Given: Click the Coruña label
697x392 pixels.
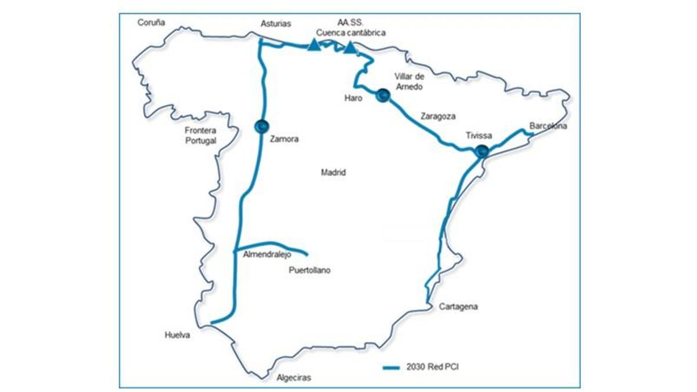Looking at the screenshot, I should coord(152,23).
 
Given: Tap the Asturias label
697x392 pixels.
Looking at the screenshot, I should coord(276,24).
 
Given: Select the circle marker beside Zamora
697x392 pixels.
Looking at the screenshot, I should coord(261,125).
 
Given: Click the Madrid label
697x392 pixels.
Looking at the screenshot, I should coord(333,172).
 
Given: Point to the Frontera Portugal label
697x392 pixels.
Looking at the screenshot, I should coord(200,135).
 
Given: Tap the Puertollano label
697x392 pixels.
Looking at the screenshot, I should coord(310,270).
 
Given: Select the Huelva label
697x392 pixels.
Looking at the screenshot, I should coord(177,335).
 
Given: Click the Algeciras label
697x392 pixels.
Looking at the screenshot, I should coord(293,377).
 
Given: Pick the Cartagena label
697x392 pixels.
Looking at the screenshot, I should coord(458,307).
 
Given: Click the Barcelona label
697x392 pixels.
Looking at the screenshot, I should coord(548,126).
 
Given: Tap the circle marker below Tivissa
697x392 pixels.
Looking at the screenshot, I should coord(481,151).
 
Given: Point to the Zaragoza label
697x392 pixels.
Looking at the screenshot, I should coord(437,116).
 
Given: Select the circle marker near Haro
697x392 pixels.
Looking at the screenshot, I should coord(382,96).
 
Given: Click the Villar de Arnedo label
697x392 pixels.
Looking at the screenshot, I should coord(408,81).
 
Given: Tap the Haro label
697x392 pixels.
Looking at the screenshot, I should coord(353,98).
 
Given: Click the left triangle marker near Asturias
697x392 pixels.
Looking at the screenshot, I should coord(314,45).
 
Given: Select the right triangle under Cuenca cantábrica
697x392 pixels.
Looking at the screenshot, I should coord(350,48).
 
